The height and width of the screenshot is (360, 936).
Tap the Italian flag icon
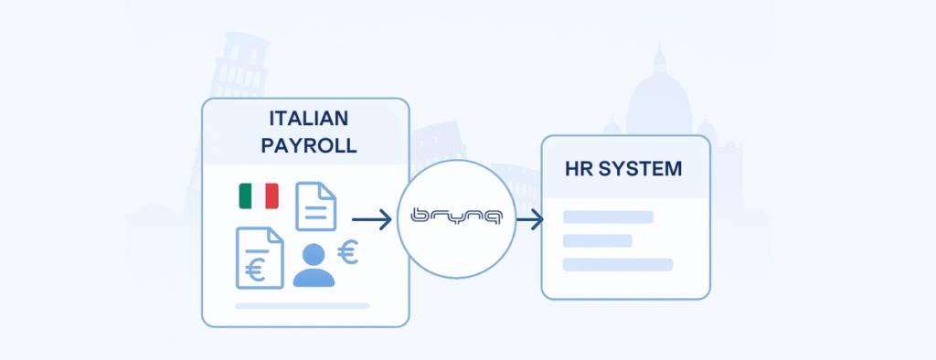click(259, 196)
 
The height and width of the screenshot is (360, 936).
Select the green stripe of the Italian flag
click(245, 196)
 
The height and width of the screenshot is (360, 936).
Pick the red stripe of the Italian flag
click(271, 196)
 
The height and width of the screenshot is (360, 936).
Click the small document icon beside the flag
click(315, 206)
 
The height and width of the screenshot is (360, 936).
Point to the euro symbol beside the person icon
click(347, 252)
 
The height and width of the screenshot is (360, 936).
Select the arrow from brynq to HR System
click(528, 218)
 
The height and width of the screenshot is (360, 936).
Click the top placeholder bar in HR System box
click(608, 217)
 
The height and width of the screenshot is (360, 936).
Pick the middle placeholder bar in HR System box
click(598, 241)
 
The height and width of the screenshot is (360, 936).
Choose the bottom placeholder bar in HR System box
click(617, 265)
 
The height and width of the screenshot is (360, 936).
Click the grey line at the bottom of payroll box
click(303, 305)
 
